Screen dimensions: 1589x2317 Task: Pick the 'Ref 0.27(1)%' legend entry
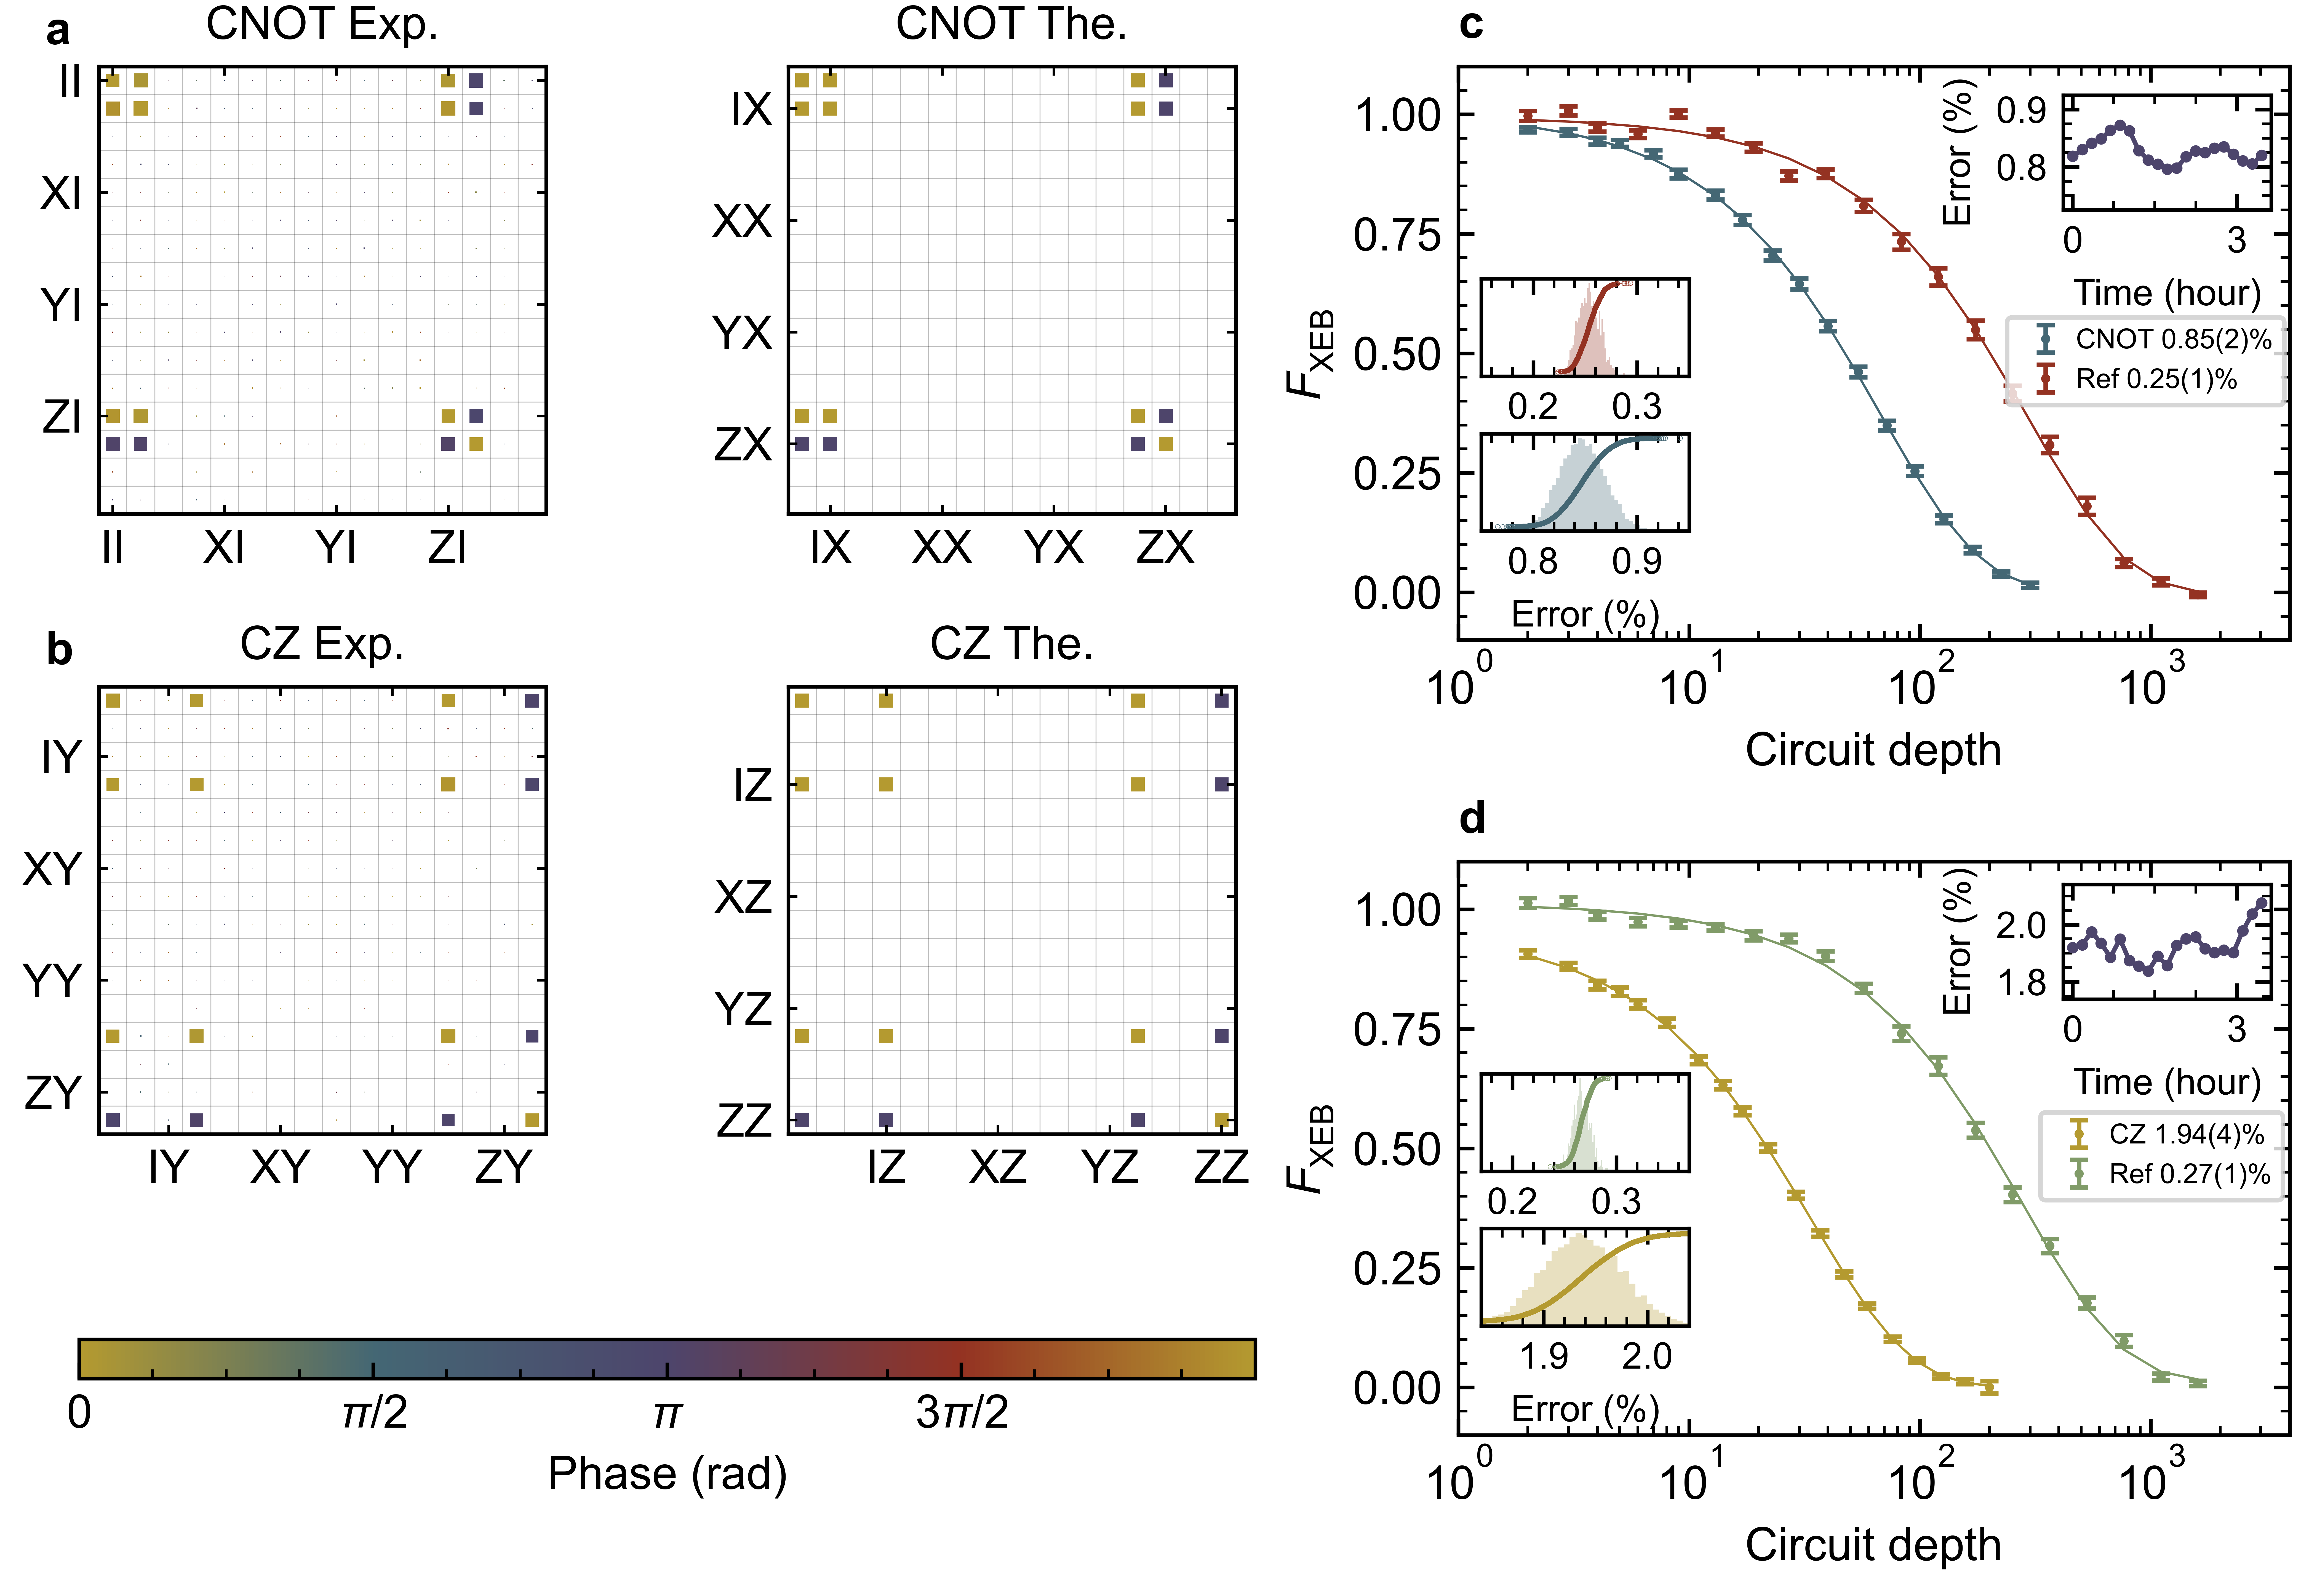point(2188,1174)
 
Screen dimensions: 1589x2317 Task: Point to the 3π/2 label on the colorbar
point(961,1412)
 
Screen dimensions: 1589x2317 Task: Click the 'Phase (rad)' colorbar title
point(667,1473)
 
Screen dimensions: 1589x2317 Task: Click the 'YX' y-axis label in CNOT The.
point(742,333)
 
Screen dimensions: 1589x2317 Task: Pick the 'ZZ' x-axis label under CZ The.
point(1220,1167)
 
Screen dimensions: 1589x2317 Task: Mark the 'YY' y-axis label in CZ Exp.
point(52,982)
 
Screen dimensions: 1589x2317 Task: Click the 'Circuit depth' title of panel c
point(1872,750)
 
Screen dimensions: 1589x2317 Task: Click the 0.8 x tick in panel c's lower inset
point(1532,562)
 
